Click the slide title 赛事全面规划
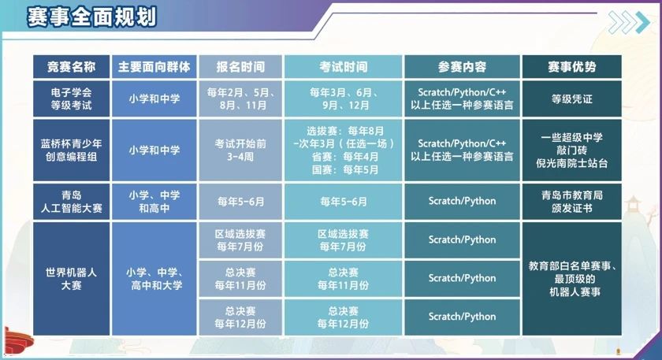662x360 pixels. (x=91, y=17)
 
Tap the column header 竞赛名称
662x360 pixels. (x=72, y=67)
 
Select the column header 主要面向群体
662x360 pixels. (x=154, y=67)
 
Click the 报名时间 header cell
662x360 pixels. (x=240, y=67)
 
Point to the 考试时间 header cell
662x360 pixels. (x=344, y=67)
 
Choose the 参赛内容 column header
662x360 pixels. (x=462, y=67)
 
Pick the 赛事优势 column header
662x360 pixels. (x=571, y=67)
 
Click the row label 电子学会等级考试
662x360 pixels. (x=72, y=98)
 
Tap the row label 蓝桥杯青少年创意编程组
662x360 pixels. (x=72, y=150)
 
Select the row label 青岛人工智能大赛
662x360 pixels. (x=72, y=202)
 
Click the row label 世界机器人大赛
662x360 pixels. (x=72, y=279)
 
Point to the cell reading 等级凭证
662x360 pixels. (x=571, y=98)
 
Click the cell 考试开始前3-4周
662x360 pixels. (x=240, y=150)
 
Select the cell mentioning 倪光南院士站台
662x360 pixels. (x=571, y=150)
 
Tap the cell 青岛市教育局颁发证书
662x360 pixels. (x=571, y=202)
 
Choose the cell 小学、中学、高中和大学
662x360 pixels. (x=154, y=279)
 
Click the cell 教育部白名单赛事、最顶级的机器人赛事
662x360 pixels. (x=571, y=279)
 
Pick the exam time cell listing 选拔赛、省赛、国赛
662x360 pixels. (x=344, y=150)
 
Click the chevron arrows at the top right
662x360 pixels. (x=629, y=22)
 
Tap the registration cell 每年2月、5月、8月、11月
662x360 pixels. (x=240, y=98)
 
